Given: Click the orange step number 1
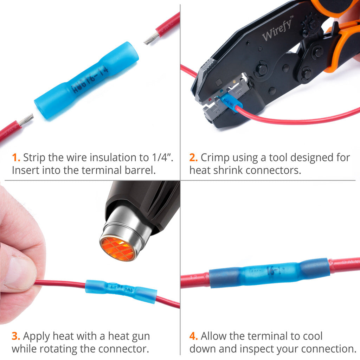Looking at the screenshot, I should coord(15,157).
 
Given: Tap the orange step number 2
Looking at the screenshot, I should coord(193,157).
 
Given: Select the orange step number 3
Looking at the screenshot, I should coord(15,336).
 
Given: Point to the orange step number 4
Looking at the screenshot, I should coord(194,336).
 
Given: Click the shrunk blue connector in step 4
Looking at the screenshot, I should coord(269,272).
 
